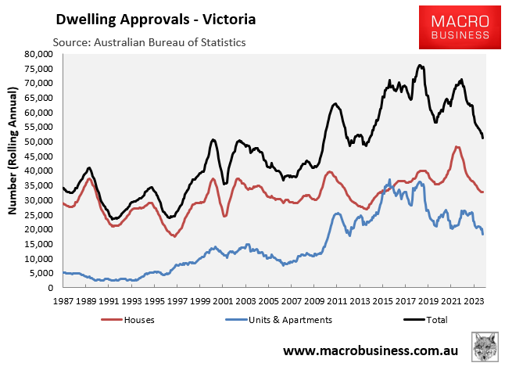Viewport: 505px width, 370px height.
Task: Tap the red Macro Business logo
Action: pyautogui.click(x=453, y=25)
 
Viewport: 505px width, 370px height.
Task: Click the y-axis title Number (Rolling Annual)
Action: pyautogui.click(x=13, y=171)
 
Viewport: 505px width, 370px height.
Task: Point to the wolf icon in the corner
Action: pyautogui.click(x=485, y=347)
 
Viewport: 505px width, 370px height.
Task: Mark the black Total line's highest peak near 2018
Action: pyautogui.click(x=421, y=66)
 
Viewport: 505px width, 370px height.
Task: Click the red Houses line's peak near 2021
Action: pyautogui.click(x=457, y=147)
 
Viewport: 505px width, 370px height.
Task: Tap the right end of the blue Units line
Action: pyautogui.click(x=483, y=233)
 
